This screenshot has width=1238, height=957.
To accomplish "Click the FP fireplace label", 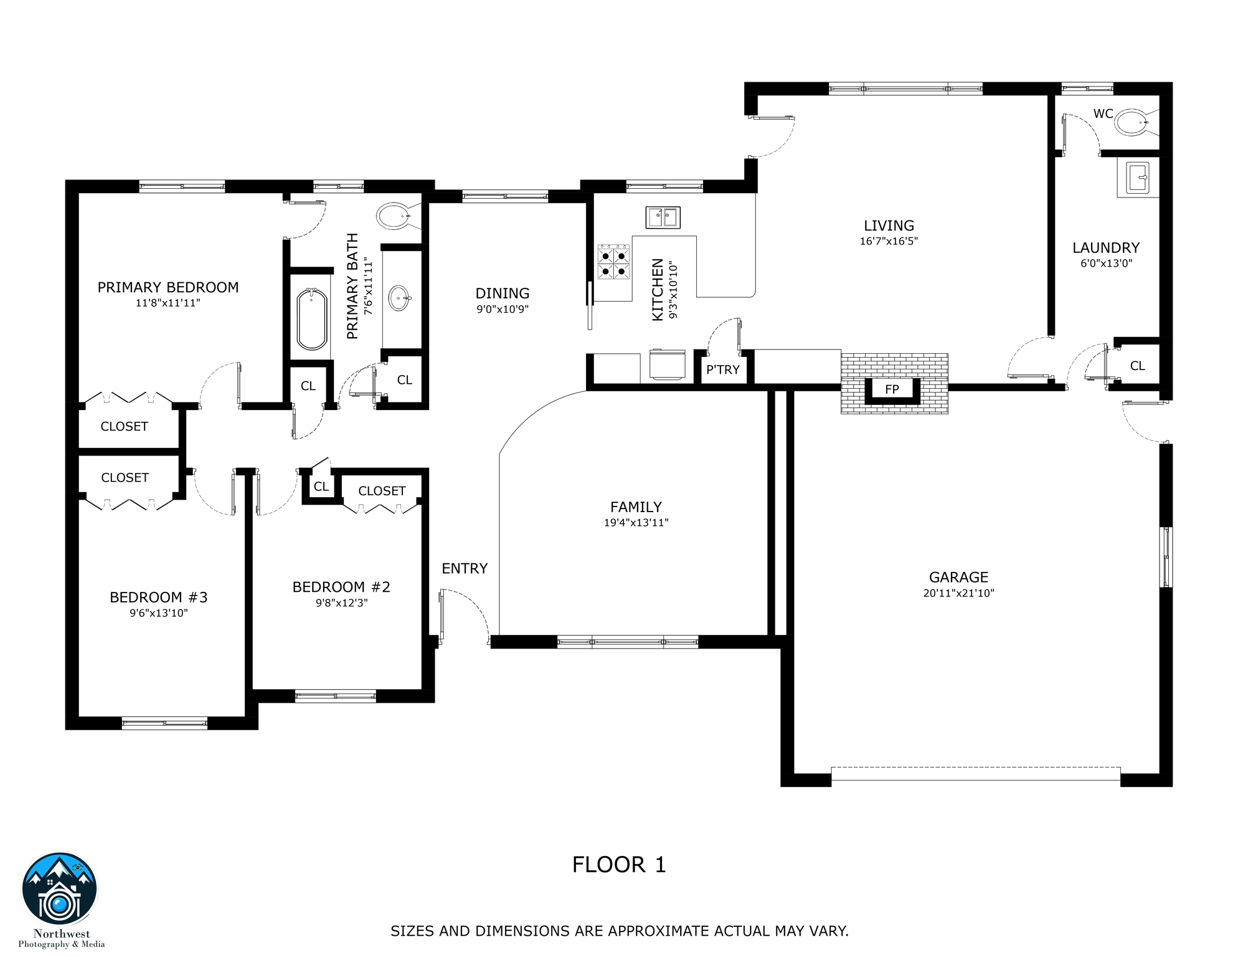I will tap(892, 389).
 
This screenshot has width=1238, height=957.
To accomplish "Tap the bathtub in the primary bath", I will tap(312, 319).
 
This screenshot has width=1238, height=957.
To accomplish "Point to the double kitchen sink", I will tap(663, 217).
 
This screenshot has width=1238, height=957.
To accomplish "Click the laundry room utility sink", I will tap(1138, 178).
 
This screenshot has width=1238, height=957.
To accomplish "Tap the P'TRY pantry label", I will tap(723, 370).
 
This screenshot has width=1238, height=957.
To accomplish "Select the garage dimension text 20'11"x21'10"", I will tap(958, 593).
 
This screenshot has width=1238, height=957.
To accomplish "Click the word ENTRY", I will tap(465, 568).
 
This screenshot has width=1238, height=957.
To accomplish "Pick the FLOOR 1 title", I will tap(619, 865).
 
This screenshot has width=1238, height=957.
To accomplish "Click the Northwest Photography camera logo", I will tap(60, 890).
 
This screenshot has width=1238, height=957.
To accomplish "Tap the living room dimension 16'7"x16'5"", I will tap(889, 242).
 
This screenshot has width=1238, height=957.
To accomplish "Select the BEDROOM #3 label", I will tap(158, 598).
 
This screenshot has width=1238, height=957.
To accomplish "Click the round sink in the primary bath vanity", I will tap(399, 298).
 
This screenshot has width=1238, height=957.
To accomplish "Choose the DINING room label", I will tap(503, 293).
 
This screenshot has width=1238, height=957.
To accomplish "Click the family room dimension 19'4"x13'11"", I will tap(636, 523).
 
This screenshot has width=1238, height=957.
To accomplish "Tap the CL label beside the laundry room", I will tap(1137, 366).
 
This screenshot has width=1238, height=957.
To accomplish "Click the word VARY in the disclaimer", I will tap(829, 931).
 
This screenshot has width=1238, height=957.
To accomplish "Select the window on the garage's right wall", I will tap(1166, 557).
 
